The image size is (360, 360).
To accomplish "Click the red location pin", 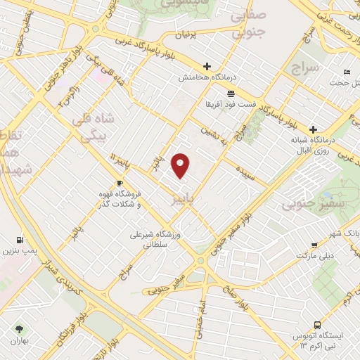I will (x=181, y=165).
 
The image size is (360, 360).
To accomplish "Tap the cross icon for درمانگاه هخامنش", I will (x=205, y=63).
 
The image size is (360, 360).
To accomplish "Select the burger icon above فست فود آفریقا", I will (x=231, y=94).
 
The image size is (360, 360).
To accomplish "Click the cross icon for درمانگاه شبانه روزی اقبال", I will (x=314, y=129).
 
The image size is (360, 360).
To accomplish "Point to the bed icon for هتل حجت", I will (x=346, y=72).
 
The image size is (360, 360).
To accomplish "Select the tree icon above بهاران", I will (x=18, y=328).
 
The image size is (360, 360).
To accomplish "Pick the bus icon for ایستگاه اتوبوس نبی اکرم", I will (x=317, y=325).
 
